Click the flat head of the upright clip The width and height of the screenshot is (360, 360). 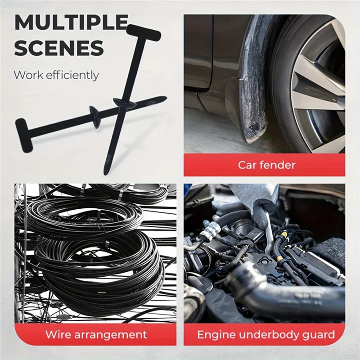click(x=143, y=32)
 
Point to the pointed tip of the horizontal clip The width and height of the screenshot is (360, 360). click(x=163, y=98)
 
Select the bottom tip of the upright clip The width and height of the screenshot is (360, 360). click(x=106, y=171)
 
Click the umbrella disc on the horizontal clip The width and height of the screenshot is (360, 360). click(x=95, y=112)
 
